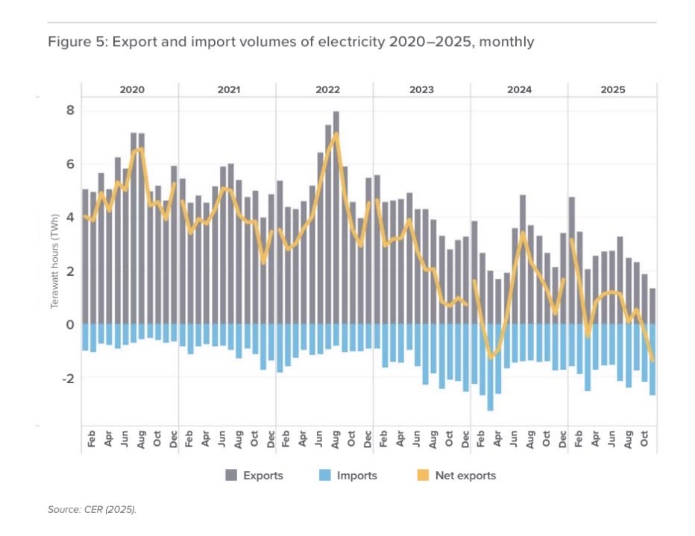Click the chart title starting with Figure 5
coord(291,42)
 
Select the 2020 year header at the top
coord(131,89)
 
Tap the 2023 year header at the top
coord(421,89)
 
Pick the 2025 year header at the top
coord(613,89)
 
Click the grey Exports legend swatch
coord(232,476)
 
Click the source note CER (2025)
coord(95,511)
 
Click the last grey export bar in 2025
coord(653,306)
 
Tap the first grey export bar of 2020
coord(85,256)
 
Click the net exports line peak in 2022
coord(336,134)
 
